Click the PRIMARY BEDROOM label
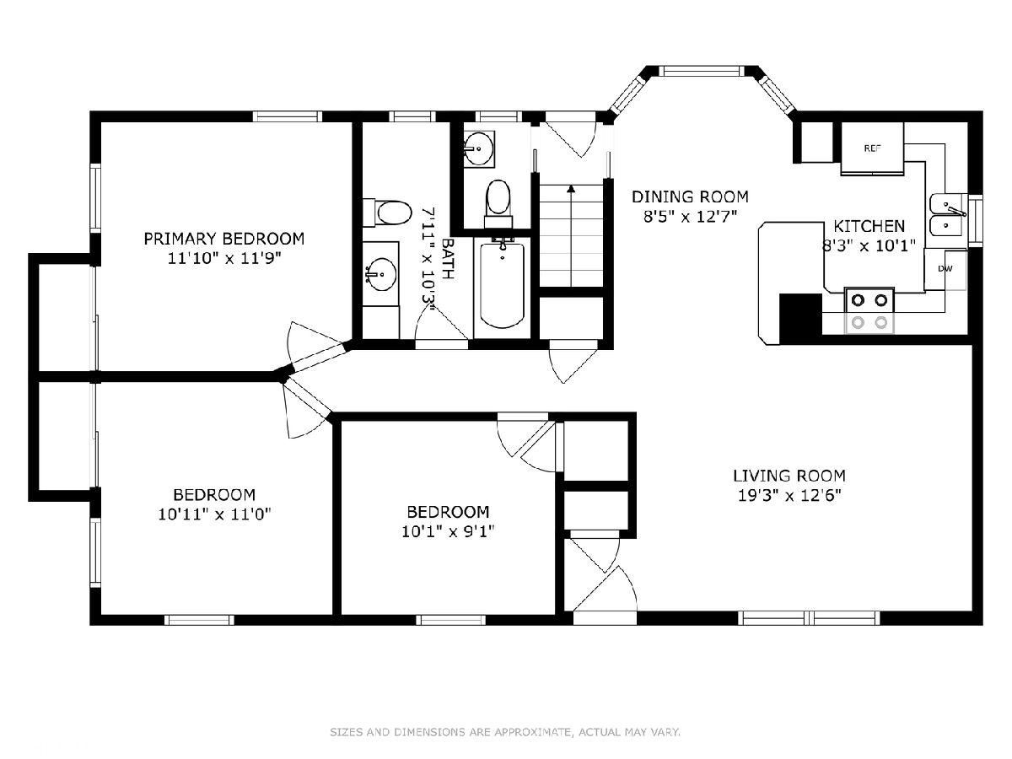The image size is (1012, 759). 224,239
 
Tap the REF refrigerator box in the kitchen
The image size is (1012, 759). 872,148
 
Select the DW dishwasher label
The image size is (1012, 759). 945,269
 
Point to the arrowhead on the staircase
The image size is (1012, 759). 571,188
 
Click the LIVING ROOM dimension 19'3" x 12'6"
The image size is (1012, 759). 789,496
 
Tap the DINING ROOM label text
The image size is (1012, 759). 690,196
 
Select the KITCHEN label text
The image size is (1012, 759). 869,226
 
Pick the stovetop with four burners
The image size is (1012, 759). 869,311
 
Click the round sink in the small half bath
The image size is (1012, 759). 478,148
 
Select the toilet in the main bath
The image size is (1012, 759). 387,213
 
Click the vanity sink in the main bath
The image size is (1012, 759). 380,275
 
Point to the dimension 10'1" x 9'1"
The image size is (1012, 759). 448,532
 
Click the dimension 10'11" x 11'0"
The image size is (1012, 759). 214,514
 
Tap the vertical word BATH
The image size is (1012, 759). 448,259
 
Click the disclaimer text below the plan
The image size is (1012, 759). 505,732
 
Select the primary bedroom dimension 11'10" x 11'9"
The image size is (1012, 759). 224,257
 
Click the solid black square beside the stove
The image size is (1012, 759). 801,319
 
